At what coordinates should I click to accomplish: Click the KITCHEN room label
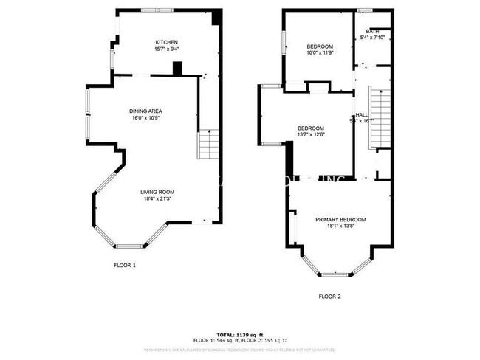click(x=166, y=42)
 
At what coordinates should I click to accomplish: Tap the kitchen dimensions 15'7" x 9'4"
click(x=166, y=49)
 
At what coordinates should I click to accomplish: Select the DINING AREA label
click(x=145, y=111)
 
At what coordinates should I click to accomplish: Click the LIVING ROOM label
click(x=158, y=191)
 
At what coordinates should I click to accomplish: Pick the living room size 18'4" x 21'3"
click(x=158, y=198)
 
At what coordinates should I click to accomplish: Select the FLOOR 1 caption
click(x=124, y=265)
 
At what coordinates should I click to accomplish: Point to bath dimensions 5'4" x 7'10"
click(x=371, y=38)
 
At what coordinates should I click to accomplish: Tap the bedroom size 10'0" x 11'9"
click(x=320, y=52)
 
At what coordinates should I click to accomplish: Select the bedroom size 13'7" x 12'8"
click(x=311, y=134)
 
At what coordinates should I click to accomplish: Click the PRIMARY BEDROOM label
click(x=340, y=219)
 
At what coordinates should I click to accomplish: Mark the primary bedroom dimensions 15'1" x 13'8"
click(x=340, y=226)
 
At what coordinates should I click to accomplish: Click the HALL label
click(x=362, y=114)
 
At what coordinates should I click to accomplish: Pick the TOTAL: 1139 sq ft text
click(x=240, y=334)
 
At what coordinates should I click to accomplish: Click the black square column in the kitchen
click(x=176, y=68)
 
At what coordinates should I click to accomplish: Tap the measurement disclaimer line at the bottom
click(x=240, y=349)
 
